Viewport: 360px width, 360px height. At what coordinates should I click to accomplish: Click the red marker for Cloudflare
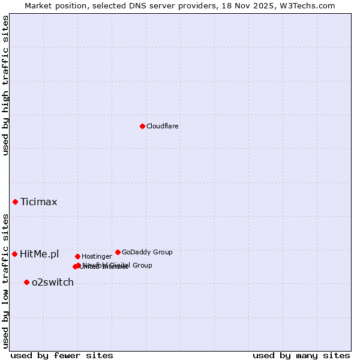point(142,126)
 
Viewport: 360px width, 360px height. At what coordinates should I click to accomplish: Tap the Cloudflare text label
point(162,127)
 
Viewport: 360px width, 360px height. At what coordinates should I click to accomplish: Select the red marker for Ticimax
point(15,202)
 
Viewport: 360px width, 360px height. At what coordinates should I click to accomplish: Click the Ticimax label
point(39,202)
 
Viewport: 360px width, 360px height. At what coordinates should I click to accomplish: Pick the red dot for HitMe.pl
point(14,254)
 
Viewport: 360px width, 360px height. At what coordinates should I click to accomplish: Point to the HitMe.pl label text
point(40,254)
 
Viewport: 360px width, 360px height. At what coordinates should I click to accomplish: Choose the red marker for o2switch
point(26,282)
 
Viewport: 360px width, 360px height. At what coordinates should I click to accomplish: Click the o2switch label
point(53,283)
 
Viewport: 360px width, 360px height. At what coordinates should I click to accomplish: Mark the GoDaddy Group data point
point(118,252)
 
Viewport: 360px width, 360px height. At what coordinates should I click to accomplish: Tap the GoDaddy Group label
point(147,253)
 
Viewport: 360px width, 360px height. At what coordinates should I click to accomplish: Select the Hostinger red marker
point(77,256)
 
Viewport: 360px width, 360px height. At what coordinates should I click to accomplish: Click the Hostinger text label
point(97,257)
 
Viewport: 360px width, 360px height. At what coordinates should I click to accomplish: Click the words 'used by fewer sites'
point(62,356)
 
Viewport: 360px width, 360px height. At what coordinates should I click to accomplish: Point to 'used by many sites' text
point(301,356)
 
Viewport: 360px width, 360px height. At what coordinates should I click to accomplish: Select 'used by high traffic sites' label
point(6,85)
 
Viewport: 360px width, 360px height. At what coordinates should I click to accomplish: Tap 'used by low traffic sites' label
point(6,280)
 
